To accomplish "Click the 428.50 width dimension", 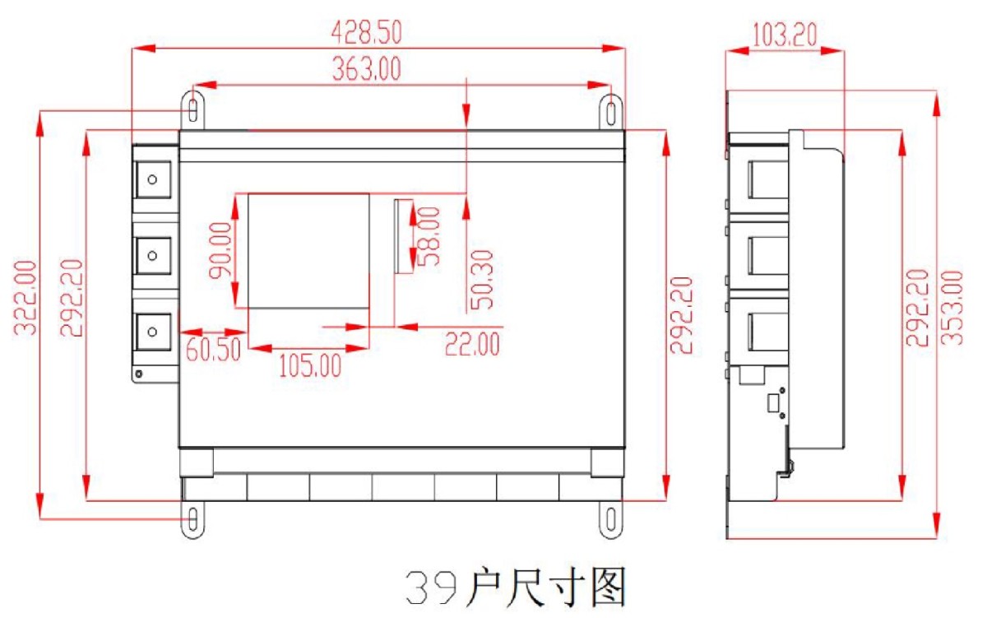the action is pos(367,32).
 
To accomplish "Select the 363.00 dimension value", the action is pos(367,69).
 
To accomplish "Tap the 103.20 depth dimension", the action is pos(785,35).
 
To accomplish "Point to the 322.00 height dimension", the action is pos(25,298).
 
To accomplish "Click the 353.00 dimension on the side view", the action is pos(952,308).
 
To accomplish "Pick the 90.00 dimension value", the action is pos(220,250).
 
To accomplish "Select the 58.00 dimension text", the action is pos(428,236).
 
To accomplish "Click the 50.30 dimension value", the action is pos(482,280).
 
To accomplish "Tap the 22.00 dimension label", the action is pos(472,344).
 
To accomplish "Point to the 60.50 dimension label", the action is pos(213,349).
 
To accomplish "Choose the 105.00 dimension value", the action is pos(310,365).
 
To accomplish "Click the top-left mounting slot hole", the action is pos(193,110).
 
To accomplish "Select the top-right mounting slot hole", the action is pos(611,114).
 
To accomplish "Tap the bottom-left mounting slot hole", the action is pos(193,518).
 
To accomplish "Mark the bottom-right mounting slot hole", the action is pos(611,520).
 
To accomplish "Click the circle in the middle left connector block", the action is pos(152,256).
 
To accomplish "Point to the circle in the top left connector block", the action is pos(152,180).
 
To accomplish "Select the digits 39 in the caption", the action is pos(431,588).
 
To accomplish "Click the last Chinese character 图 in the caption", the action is pos(609,588).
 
